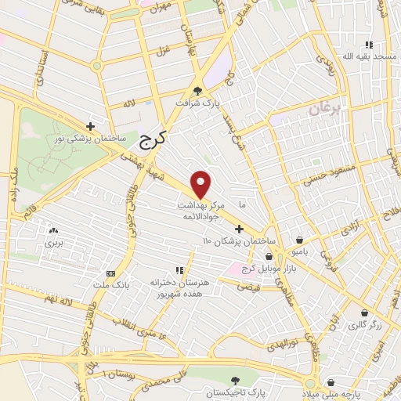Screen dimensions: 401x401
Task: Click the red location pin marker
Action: tap(201, 184)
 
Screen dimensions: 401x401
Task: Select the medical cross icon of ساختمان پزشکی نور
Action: tap(91, 125)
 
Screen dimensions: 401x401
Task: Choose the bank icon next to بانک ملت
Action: tap(110, 273)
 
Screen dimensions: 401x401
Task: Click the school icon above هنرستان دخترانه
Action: tap(178, 269)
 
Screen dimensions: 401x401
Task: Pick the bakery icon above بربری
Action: tap(53, 232)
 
